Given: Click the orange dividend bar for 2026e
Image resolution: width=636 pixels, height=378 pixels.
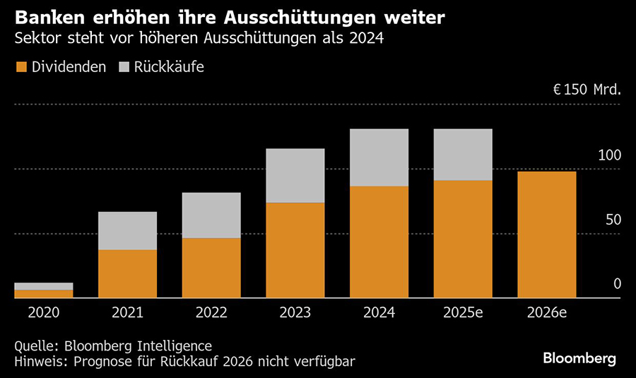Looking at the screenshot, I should click(547, 235).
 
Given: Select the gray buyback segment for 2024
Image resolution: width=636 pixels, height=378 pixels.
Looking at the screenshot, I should click(379, 158).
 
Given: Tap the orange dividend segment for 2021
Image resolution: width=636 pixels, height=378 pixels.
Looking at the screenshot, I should click(127, 273).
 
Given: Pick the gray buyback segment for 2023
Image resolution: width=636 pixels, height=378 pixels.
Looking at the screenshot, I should click(295, 175).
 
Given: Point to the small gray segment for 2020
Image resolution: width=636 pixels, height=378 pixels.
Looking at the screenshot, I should click(43, 286).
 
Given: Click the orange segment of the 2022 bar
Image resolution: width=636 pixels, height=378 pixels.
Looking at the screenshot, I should click(211, 268).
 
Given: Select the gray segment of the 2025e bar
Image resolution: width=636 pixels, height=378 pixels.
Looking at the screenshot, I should click(463, 155).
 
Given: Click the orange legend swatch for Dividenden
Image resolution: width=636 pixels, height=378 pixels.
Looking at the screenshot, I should click(20, 67).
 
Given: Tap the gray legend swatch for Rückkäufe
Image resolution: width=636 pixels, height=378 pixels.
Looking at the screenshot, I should click(124, 67).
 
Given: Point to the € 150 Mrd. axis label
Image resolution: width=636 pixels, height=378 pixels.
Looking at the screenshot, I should click(587, 90).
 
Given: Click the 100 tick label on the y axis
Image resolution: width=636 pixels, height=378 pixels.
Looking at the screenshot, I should click(608, 155).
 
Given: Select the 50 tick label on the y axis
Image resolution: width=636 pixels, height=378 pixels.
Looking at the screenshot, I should click(613, 220).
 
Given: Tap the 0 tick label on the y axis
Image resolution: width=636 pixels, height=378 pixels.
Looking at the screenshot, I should click(616, 284).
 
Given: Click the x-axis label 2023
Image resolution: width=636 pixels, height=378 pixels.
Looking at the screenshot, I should click(295, 312).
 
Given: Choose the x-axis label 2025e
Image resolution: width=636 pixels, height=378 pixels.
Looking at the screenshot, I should click(463, 312).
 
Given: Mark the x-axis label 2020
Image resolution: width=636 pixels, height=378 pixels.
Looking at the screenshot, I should click(43, 312).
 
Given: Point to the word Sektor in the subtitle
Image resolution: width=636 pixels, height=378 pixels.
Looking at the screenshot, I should click(37, 38).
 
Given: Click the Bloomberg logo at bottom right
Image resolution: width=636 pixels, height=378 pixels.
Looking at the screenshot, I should click(579, 358).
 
